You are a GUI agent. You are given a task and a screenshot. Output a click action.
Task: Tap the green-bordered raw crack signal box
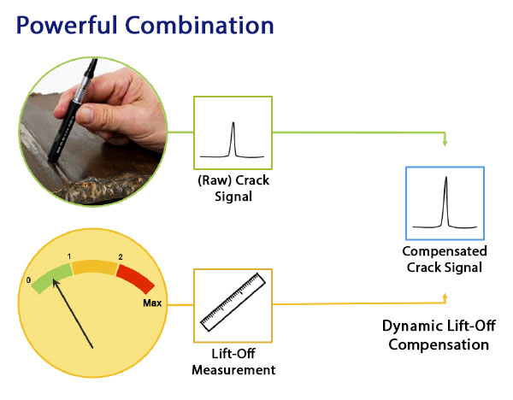[233, 132]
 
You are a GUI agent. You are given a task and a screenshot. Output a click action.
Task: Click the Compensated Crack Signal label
[445, 260]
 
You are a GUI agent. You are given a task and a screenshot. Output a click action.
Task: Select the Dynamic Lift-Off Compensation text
[435, 334]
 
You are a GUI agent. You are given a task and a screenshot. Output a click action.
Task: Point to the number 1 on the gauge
[69, 256]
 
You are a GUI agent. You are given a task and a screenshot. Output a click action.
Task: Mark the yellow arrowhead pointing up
[445, 297]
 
